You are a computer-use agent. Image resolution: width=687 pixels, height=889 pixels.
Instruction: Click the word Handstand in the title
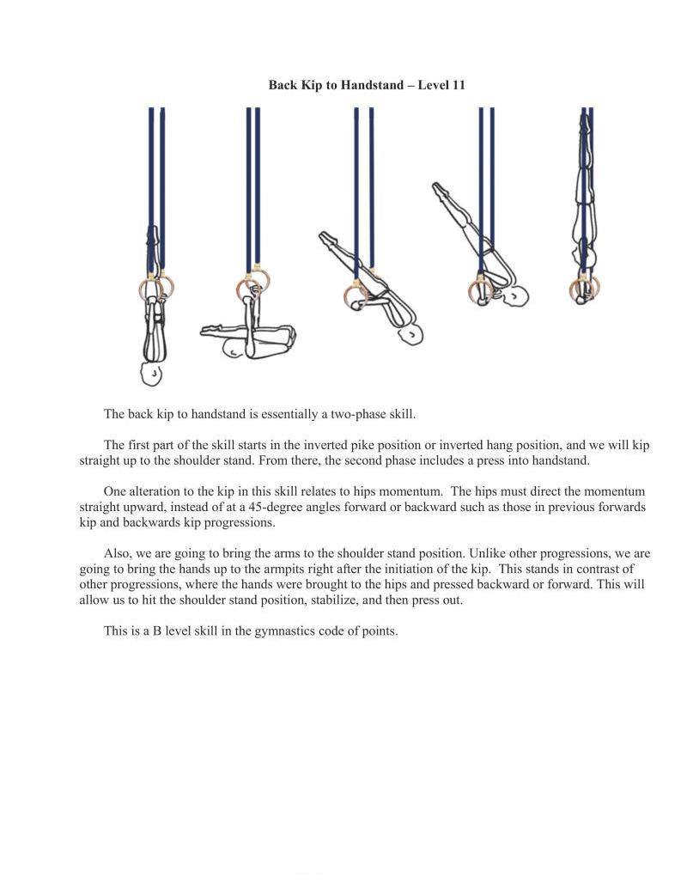375,86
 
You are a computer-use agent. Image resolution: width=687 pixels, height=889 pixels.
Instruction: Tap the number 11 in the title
458,86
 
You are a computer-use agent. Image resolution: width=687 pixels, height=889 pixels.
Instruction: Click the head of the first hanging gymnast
152,374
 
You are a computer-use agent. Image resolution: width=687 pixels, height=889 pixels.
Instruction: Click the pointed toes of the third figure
324,234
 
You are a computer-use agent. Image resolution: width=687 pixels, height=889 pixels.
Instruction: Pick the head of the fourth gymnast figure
516,296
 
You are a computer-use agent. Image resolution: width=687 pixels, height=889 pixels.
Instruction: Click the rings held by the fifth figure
583,289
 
